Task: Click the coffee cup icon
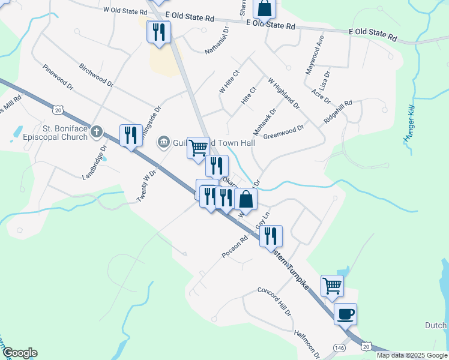345,314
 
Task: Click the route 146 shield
340,347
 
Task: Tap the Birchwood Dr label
96,73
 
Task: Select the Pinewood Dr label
58,77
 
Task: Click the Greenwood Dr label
283,131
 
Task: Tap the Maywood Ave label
315,55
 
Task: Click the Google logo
19,353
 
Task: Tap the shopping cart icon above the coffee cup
332,286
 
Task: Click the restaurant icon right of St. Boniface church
130,135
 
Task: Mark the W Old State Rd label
125,11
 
